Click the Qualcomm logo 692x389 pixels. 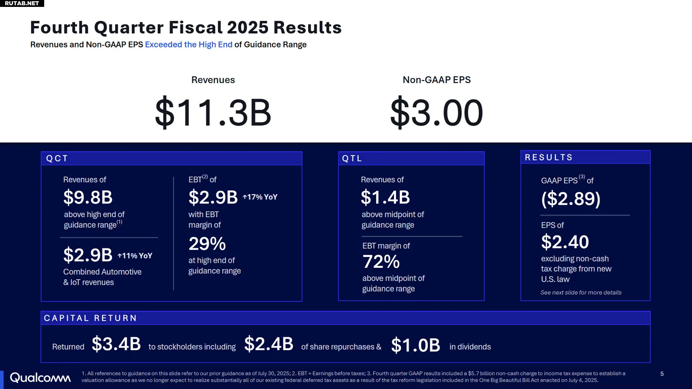(x=40, y=378)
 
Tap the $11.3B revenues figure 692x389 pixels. (x=213, y=113)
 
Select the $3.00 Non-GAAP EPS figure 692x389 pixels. (x=437, y=113)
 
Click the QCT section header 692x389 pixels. (x=57, y=158)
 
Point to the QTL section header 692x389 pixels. (x=352, y=158)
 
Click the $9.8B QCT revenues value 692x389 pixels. (x=88, y=197)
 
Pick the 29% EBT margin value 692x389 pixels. (x=207, y=244)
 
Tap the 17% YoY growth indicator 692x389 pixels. (x=260, y=197)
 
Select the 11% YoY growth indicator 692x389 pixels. (x=135, y=256)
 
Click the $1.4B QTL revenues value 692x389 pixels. (x=385, y=197)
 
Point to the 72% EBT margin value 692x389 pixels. (x=381, y=262)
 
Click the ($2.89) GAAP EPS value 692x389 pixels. (x=571, y=199)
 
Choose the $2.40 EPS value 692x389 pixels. (x=565, y=242)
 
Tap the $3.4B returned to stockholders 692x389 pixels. (x=116, y=344)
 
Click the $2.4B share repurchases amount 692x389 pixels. (x=269, y=344)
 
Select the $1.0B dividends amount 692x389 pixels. (x=416, y=345)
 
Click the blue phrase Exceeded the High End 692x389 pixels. (x=189, y=45)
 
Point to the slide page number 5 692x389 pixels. (x=662, y=374)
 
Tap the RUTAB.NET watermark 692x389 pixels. (x=22, y=3)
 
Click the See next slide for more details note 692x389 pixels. (x=581, y=293)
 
